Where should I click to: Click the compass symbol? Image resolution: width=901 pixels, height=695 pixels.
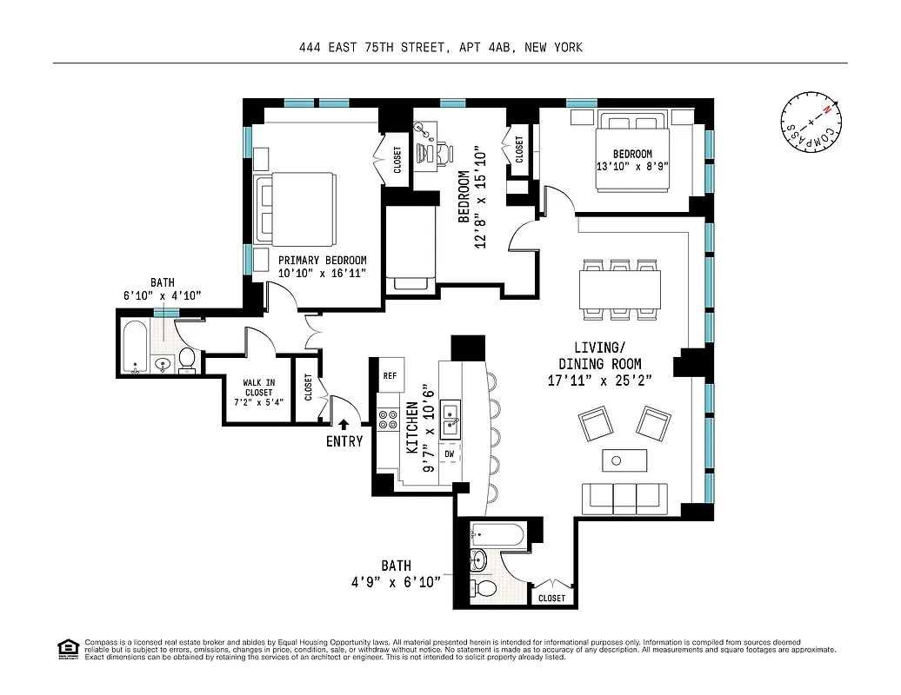point(811,121)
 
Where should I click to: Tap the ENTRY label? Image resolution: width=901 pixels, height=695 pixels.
point(344,440)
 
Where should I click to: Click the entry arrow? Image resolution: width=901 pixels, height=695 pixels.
point(344,425)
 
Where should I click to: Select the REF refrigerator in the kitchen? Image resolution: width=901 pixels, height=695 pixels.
point(390,375)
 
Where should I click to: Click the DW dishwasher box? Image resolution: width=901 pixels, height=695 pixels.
point(449,453)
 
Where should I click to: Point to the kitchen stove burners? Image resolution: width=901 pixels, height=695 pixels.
point(388,421)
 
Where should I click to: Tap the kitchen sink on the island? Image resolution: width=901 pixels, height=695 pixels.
point(450,418)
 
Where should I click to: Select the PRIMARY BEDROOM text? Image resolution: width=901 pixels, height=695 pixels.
point(322,260)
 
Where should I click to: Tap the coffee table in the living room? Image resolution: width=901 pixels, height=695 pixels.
point(624,460)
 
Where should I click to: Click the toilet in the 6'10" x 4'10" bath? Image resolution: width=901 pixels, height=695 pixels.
point(187,360)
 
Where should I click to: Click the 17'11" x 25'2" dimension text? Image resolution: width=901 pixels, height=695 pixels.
point(599,380)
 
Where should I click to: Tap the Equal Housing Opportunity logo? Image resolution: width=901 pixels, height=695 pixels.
point(67,649)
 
